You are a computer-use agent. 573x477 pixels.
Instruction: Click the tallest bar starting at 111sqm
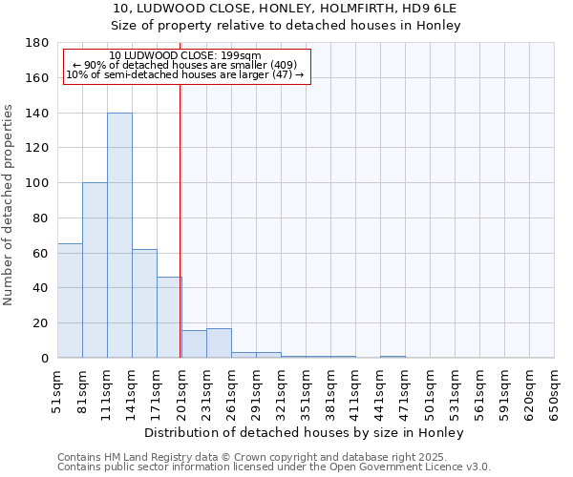tap(119, 235)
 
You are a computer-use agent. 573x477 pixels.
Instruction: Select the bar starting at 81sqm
tap(95, 270)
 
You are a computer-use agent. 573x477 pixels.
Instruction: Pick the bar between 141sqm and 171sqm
tap(144, 303)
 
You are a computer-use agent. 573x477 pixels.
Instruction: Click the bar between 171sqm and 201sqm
tap(169, 317)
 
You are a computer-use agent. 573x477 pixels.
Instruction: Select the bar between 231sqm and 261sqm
tap(219, 343)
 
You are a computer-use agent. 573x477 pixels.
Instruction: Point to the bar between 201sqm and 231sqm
tap(194, 344)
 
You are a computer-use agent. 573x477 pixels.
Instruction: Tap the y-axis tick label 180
tap(38, 43)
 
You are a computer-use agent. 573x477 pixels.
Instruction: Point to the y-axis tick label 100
tap(38, 183)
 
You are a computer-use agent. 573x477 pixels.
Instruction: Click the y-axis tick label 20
tap(41, 323)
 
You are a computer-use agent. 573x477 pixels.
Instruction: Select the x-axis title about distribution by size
tap(305, 432)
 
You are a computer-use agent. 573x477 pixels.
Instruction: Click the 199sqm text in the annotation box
tap(232, 55)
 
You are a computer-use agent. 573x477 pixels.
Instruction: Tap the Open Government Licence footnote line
tap(274, 467)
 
